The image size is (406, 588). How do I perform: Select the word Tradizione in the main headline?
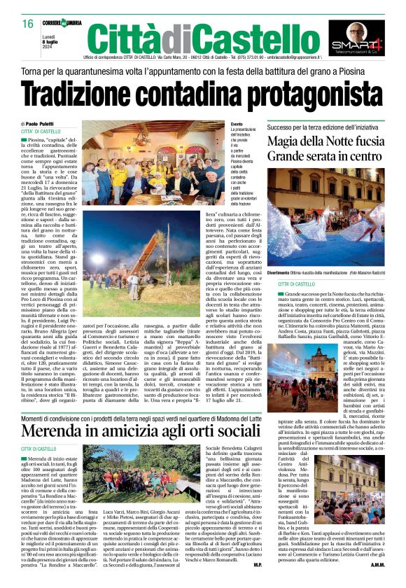click(x=94, y=93)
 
